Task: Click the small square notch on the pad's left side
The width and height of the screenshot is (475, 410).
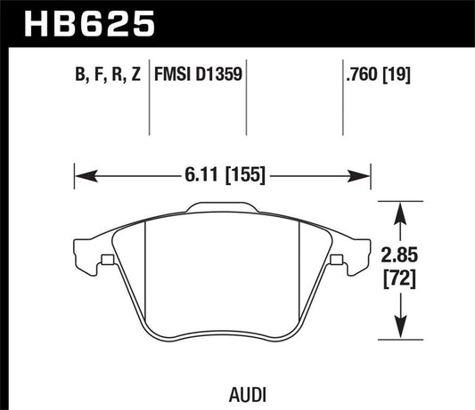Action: click(x=107, y=261)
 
